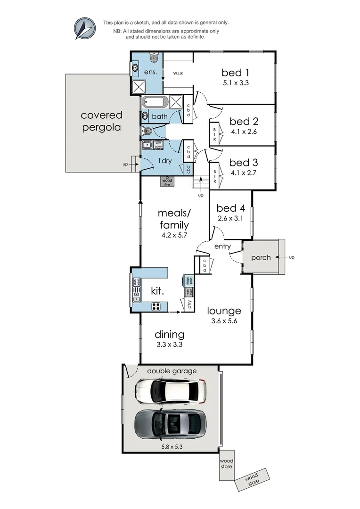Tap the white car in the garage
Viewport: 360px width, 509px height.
[x=171, y=390]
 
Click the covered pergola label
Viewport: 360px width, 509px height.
[x=101, y=121]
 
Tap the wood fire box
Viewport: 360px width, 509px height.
[x=167, y=181]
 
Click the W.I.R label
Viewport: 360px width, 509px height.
[x=178, y=74]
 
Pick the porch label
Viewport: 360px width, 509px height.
[x=261, y=257]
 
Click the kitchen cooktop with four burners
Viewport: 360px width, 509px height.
[x=156, y=306]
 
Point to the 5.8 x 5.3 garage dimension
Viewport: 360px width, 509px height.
[x=170, y=443]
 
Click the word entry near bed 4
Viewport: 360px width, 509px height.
[x=222, y=246]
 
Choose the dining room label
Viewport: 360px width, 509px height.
[x=169, y=335]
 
